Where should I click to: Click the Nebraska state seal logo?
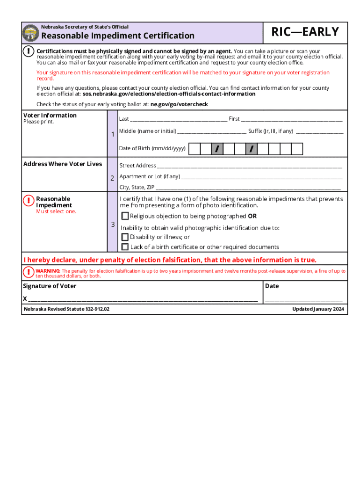tap(31, 33)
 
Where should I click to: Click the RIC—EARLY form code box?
tap(306, 32)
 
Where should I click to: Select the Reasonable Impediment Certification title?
tap(118, 36)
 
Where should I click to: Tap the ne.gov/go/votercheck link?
tap(179, 104)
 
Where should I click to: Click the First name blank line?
tap(292, 120)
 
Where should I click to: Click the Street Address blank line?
tap(249, 167)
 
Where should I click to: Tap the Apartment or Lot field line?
tap(261, 178)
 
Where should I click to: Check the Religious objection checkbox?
tap(125, 216)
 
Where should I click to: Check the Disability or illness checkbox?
tap(125, 237)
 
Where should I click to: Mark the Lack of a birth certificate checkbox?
tap(125, 247)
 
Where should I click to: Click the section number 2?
tap(112, 178)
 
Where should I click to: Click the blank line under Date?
tap(304, 300)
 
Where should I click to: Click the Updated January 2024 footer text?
tap(318, 309)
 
